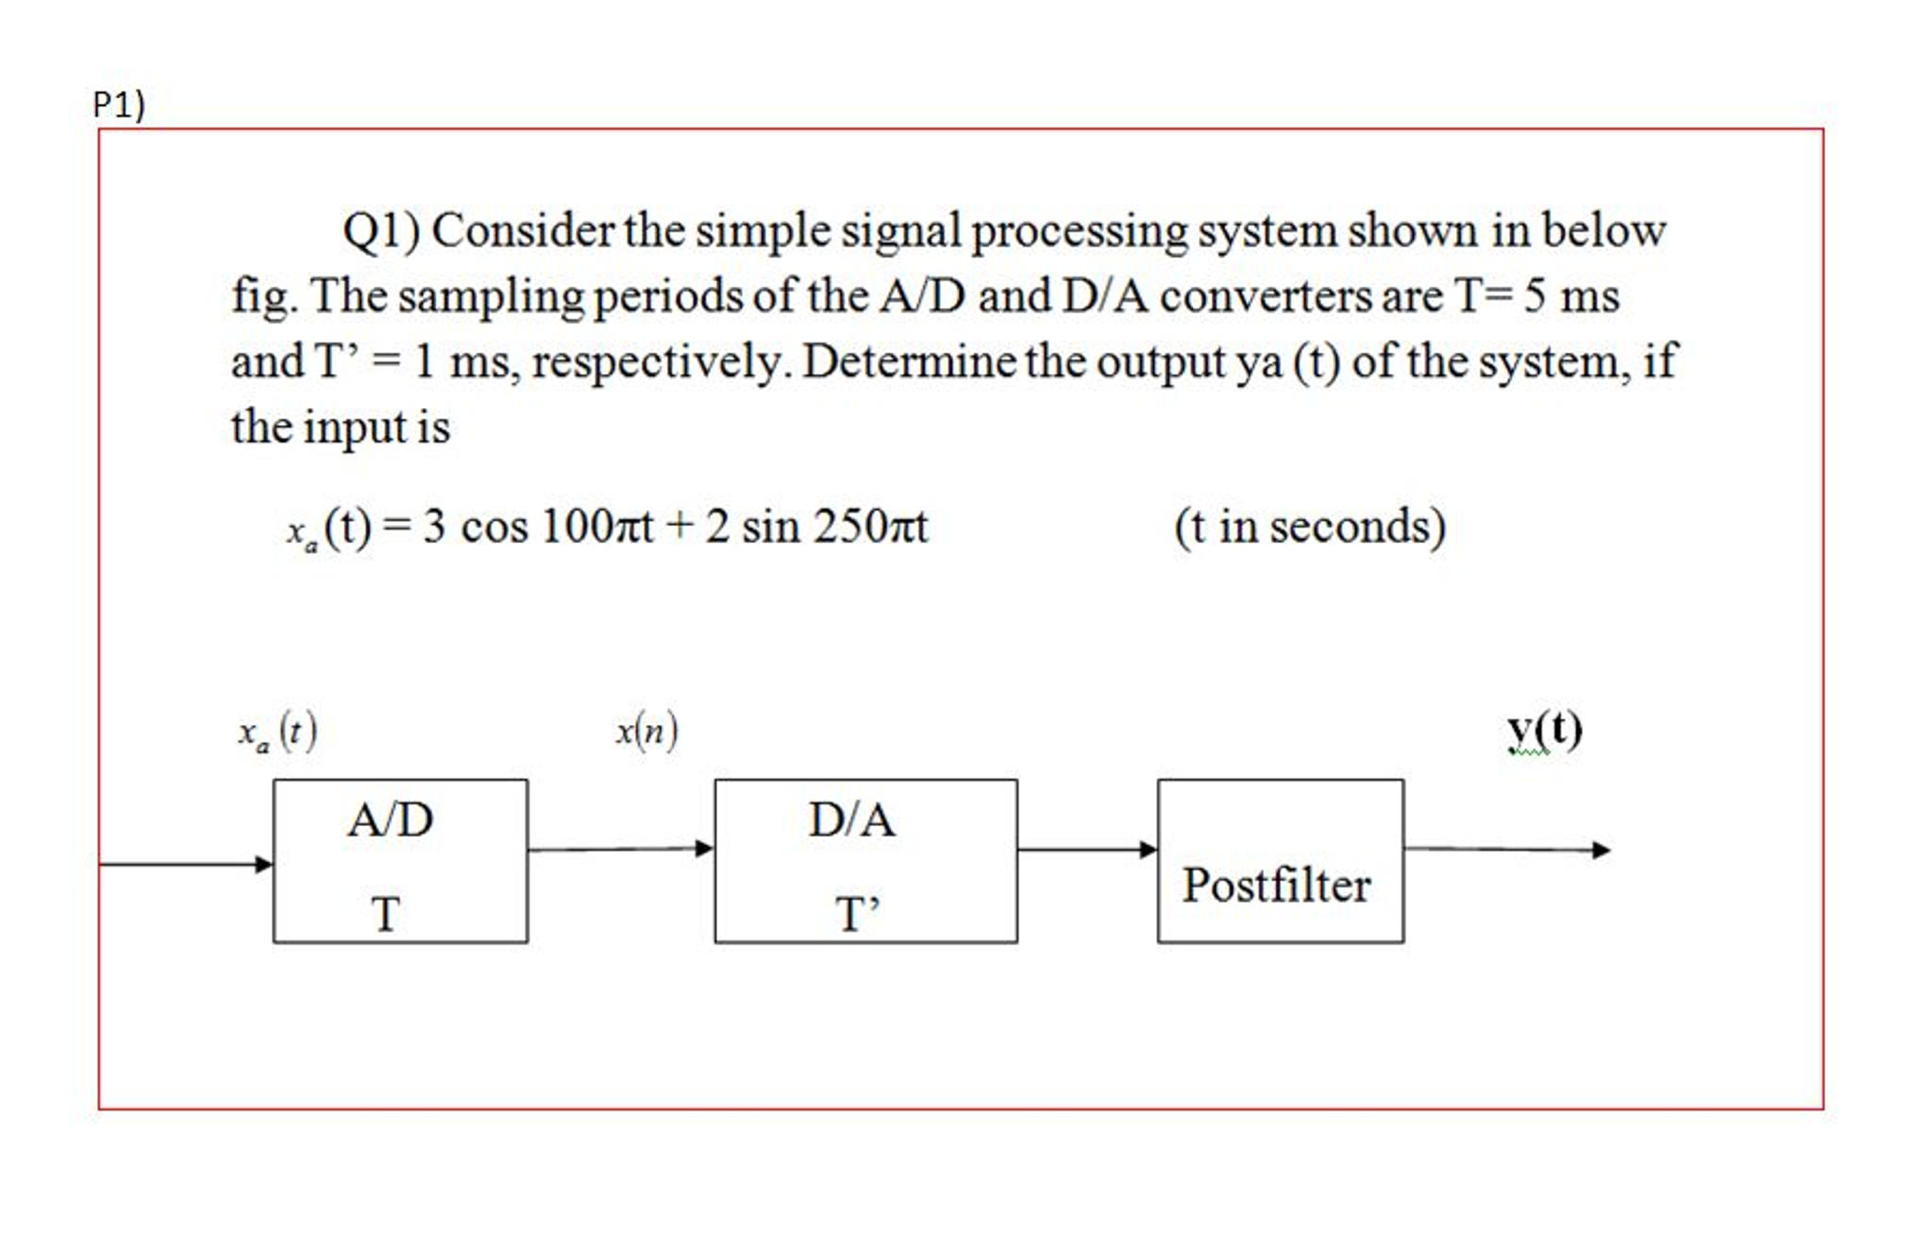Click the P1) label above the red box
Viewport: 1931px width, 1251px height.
pos(119,104)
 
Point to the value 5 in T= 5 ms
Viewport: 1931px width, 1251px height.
pos(1535,296)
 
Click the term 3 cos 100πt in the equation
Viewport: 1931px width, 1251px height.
pos(538,527)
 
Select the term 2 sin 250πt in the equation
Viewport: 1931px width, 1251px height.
pos(816,527)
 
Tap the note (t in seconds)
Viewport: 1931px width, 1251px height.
pos(1309,527)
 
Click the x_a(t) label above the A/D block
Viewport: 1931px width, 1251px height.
pos(277,732)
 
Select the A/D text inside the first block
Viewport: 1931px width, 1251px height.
pos(391,820)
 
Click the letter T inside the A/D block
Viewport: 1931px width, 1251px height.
pos(385,914)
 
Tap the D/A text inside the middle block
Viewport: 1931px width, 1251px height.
pos(851,820)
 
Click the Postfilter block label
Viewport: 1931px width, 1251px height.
pos(1277,886)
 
